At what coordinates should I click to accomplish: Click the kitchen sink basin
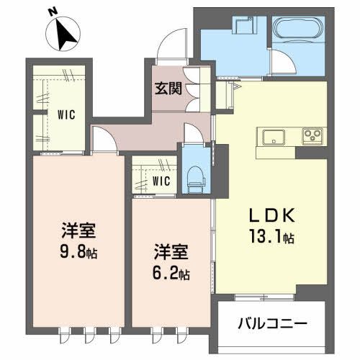coord(276,137)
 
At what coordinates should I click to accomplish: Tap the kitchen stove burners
coord(314,136)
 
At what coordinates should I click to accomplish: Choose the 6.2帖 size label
coord(171,274)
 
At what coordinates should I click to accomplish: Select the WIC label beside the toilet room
coord(161,181)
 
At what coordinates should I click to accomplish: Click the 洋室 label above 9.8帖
coord(78,232)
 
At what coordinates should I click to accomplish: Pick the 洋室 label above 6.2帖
coord(170,253)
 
